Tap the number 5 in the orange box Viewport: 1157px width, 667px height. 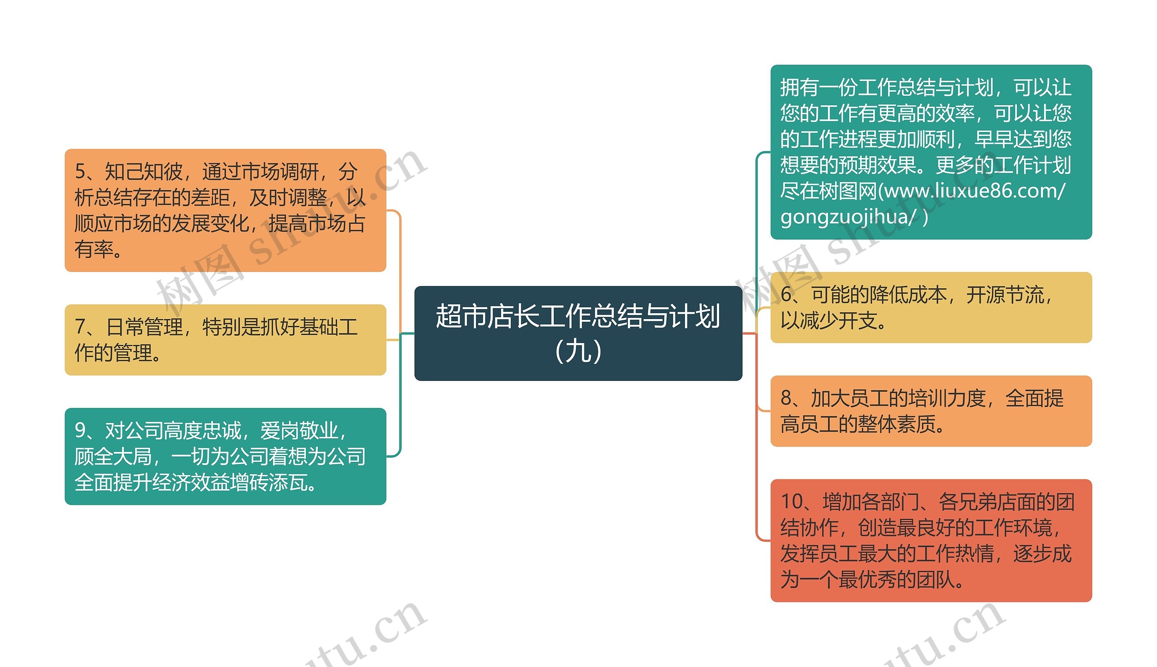point(80,172)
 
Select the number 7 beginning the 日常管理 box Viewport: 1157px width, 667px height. point(80,327)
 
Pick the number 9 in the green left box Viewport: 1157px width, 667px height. point(80,431)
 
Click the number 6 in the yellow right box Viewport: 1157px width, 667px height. point(786,295)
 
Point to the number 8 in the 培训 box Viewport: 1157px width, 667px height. point(786,398)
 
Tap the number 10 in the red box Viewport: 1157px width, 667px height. point(792,502)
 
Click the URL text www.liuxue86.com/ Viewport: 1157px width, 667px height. point(975,191)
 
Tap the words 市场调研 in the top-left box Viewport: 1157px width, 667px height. point(280,172)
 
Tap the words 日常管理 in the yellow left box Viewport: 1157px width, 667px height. point(144,327)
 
